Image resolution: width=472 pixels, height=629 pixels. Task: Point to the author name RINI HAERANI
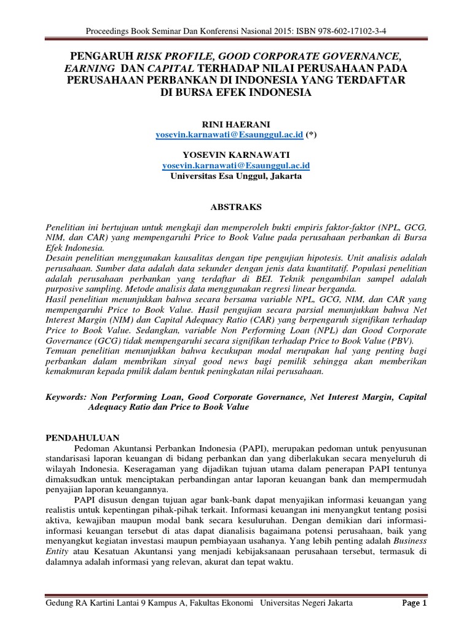235,124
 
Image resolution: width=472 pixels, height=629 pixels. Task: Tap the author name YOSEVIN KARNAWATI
235,154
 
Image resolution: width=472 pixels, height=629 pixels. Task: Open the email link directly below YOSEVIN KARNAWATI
235,165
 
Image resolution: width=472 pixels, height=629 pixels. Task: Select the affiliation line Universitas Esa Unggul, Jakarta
235,176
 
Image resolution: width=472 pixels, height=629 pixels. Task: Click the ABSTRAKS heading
235,206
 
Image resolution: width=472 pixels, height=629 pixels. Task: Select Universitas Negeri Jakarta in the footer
307,604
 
